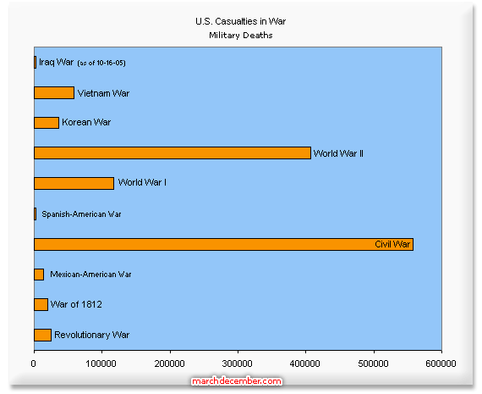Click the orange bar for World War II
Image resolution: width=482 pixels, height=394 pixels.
pos(173,153)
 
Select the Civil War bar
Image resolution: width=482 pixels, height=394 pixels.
pos(223,244)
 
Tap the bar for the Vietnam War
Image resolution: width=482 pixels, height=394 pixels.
pos(54,92)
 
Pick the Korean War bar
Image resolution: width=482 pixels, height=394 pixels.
pos(47,123)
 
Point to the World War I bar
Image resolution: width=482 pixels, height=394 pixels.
pos(74,183)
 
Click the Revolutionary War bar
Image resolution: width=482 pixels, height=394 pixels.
pos(43,336)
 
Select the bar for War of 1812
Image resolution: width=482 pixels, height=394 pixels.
pos(41,305)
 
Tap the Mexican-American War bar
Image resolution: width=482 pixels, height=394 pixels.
pos(39,275)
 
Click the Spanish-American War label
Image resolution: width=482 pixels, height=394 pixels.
pos(81,214)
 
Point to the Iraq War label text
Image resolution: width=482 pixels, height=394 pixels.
pos(57,62)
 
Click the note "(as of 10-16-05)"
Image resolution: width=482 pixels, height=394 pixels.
pos(101,64)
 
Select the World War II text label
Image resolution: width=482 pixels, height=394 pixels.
pos(338,153)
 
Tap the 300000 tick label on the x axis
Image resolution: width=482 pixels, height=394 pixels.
pos(238,363)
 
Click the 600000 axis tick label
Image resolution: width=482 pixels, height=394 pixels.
pos(441,363)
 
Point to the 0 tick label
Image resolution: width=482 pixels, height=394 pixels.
pos(34,363)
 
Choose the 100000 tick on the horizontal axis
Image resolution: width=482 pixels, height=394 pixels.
pos(101,363)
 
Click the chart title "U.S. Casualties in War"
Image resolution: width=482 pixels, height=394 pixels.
pos(241,21)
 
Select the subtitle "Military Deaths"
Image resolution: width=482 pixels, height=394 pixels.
pos(241,36)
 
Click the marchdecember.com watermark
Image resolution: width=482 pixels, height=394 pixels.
pos(237,381)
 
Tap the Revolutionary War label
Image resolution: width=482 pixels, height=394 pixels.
pos(91,335)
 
